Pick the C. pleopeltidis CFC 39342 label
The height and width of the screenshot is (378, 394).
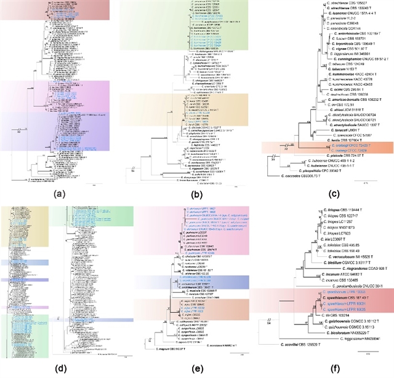(x=331, y=168)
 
